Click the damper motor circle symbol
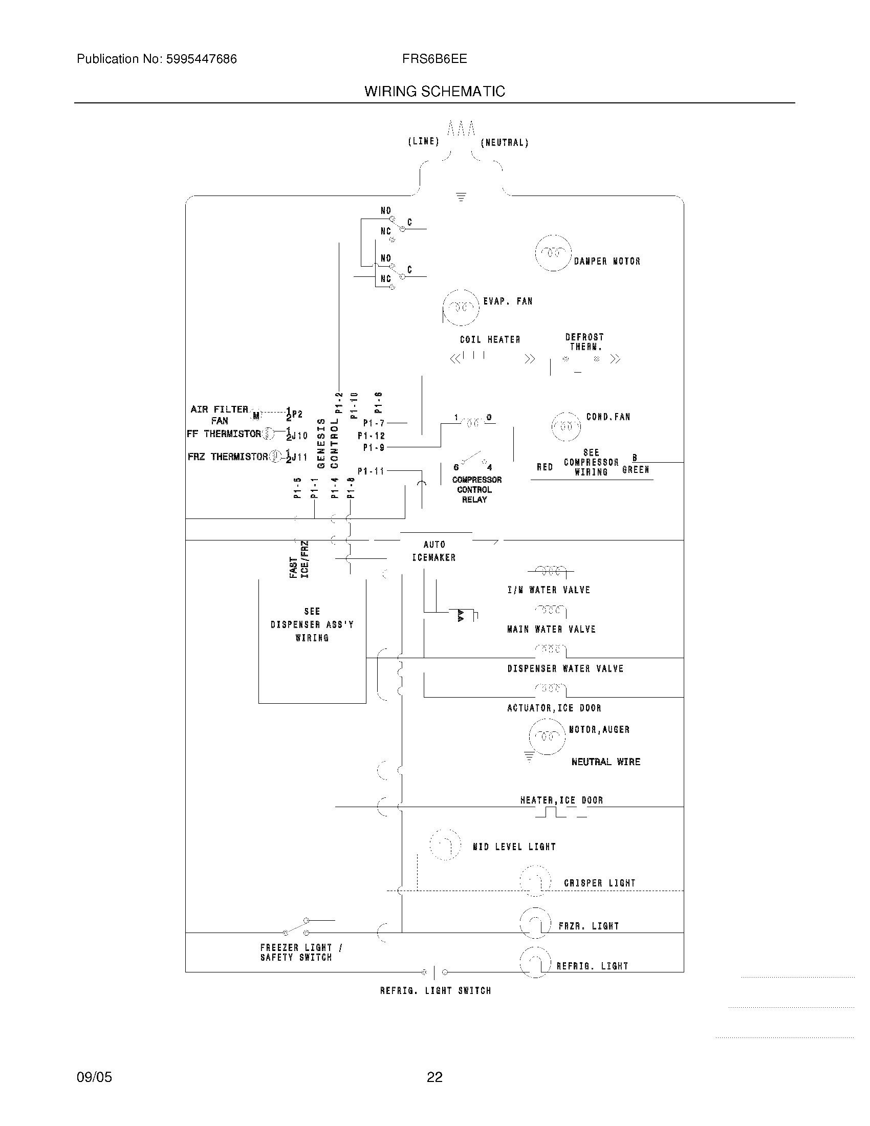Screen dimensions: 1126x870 [x=553, y=253]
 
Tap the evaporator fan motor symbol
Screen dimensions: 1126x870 [x=461, y=308]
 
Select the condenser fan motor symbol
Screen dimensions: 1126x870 [x=566, y=426]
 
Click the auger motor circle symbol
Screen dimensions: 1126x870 [x=547, y=736]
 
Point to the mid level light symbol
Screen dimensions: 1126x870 [x=445, y=844]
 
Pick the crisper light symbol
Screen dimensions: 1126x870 [x=535, y=882]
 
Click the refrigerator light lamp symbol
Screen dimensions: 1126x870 [x=535, y=963]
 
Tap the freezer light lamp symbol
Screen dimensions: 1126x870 [x=535, y=923]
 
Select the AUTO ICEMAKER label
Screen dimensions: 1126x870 [x=434, y=551]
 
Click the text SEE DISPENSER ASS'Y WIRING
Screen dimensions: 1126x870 [x=312, y=624]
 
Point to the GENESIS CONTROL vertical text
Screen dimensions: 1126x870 [x=328, y=443]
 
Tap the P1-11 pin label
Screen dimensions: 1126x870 [x=371, y=471]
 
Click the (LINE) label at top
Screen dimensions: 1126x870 [x=423, y=141]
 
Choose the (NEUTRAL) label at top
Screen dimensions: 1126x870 [x=505, y=143]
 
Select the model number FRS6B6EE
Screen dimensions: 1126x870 [x=434, y=59]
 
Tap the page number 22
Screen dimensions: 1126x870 [x=434, y=1077]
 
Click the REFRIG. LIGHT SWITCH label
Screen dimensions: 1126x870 [x=436, y=990]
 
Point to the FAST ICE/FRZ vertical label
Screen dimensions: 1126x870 [x=299, y=560]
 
